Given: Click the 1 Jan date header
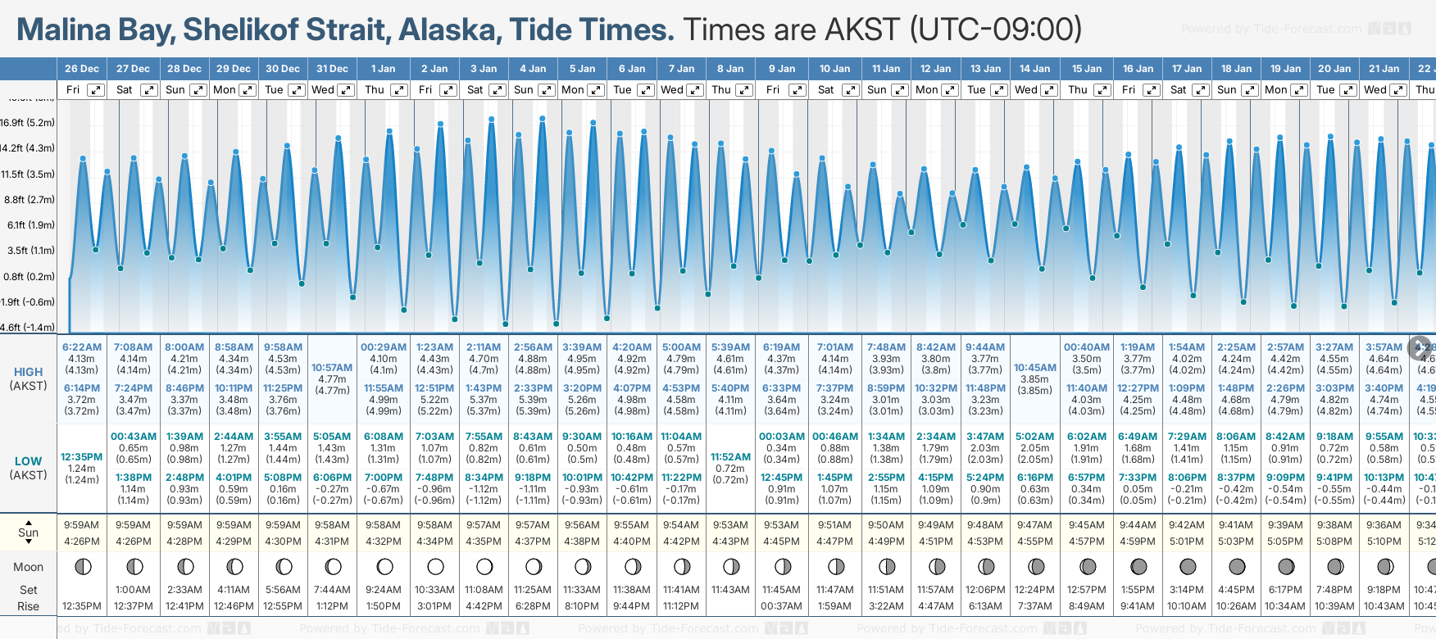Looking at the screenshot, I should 383,69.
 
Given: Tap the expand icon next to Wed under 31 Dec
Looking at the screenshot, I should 346,90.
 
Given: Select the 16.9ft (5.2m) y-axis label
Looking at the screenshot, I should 28,123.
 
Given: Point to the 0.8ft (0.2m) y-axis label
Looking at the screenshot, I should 29,277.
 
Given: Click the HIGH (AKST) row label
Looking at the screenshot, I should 29,378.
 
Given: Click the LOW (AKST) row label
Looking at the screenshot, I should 29,468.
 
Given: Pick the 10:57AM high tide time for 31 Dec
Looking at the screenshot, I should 332,368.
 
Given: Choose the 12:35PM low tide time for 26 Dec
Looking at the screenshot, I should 82,457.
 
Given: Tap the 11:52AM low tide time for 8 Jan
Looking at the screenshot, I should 730,457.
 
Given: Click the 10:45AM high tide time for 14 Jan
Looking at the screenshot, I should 1035,368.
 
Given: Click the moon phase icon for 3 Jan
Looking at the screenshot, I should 484,566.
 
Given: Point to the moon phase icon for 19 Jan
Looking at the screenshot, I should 1286,566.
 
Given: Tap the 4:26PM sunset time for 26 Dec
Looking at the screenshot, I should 82,542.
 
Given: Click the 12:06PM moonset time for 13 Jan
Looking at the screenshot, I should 985,590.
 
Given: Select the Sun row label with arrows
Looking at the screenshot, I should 29,532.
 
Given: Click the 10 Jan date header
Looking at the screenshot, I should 835,69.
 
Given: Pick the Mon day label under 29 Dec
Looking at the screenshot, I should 225,90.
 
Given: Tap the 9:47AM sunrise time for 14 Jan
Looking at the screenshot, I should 1035,525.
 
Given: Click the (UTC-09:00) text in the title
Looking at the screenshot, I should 995,29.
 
